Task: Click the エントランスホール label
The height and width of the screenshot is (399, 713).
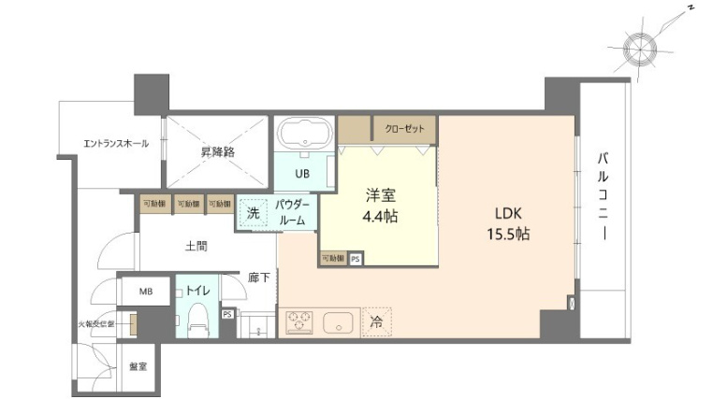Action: [x=116, y=143]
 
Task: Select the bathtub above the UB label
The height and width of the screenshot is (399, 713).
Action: [x=304, y=133]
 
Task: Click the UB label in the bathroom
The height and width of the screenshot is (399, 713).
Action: [x=302, y=174]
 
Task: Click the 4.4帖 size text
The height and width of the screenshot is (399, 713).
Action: [x=381, y=217]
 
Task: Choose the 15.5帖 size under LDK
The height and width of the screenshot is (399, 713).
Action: [x=507, y=234]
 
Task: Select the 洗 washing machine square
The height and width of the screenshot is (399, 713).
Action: [x=253, y=212]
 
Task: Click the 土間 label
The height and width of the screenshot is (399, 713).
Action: [x=196, y=247]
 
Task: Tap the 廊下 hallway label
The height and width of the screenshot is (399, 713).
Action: [x=259, y=277]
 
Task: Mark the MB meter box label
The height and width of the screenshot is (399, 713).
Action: [x=146, y=292]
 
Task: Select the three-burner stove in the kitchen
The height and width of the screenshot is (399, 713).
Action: [x=302, y=322]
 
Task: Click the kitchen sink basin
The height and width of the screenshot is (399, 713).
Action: [x=338, y=323]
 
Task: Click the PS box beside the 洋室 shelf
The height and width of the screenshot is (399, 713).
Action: [x=355, y=259]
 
